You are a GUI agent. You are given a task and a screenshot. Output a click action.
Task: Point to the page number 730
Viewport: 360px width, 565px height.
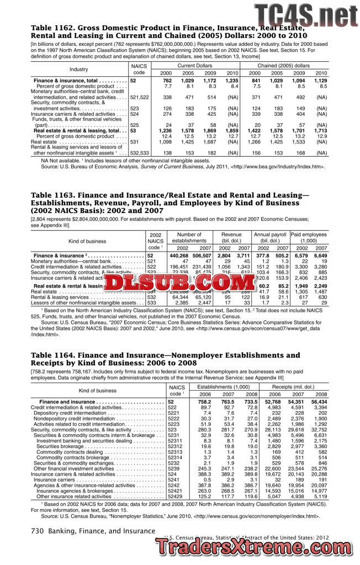(x=37, y=531)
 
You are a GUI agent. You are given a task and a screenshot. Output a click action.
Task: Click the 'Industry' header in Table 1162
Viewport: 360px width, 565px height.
(x=78, y=70)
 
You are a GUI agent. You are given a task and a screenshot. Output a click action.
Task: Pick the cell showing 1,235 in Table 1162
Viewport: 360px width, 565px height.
(x=231, y=81)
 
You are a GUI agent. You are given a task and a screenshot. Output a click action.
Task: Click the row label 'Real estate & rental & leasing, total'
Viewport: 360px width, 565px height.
(x=77, y=130)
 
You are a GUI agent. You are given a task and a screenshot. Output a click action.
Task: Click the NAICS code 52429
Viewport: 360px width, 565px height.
(x=176, y=496)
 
